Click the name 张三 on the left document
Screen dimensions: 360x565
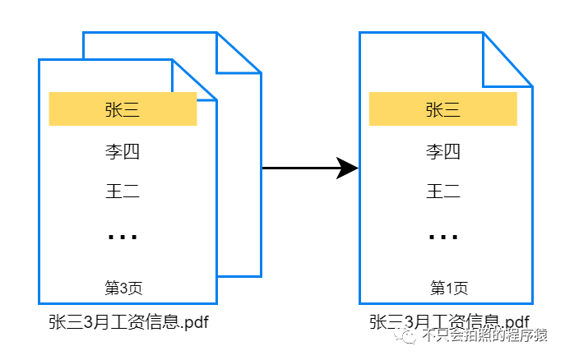[x=123, y=110]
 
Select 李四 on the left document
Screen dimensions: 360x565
[x=123, y=152]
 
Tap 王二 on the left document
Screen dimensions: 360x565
[x=123, y=192]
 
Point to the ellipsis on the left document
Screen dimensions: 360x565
[x=123, y=238]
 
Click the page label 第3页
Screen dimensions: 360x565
[x=123, y=288]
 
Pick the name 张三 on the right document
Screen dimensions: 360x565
[x=442, y=110]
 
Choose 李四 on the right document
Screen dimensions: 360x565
[x=442, y=152]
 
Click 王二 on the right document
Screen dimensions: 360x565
[x=442, y=192]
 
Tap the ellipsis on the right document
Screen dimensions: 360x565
[x=443, y=238]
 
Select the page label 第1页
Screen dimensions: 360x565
[x=449, y=288]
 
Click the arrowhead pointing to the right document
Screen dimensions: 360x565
[x=349, y=168]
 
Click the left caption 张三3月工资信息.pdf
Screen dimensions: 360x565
[x=128, y=321]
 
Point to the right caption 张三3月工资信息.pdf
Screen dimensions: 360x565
[x=449, y=321]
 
